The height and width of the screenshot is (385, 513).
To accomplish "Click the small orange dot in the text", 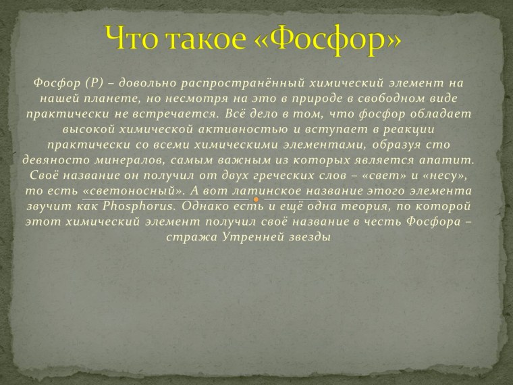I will pos(257,201).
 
